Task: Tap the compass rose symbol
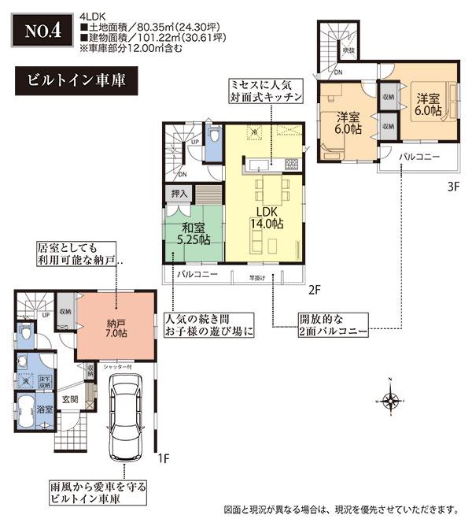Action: [x=390, y=400]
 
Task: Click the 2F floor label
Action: [x=313, y=291]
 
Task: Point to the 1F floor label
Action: [x=164, y=457]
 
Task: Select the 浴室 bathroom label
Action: [x=45, y=409]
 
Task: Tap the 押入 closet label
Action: [x=179, y=192]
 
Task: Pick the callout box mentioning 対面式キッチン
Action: [x=264, y=90]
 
